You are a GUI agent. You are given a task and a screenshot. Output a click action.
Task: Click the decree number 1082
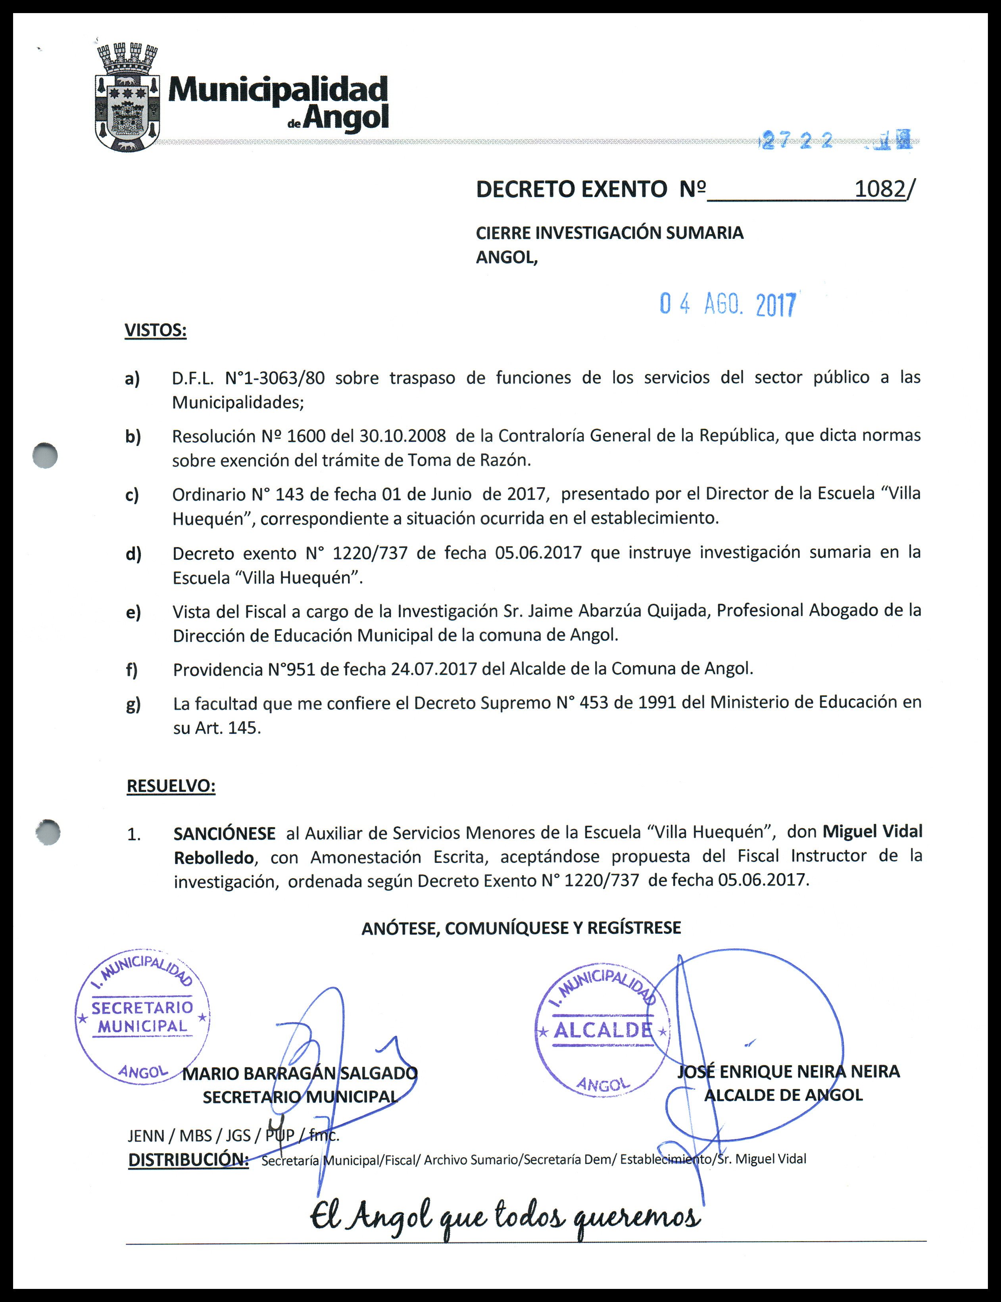(x=880, y=189)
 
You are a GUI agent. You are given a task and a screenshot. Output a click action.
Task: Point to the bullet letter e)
(x=133, y=612)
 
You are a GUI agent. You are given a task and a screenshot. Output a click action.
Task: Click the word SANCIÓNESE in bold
(x=224, y=833)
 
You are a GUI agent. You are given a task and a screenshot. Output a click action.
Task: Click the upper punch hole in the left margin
(x=45, y=456)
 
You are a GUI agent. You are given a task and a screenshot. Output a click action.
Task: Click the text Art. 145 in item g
(x=228, y=728)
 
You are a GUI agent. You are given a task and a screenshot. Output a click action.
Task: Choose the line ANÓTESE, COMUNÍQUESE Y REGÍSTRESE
(x=521, y=928)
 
